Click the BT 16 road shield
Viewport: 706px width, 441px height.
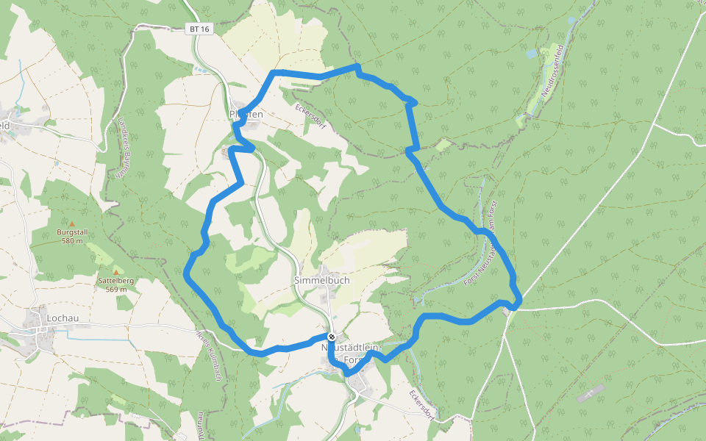click(x=199, y=29)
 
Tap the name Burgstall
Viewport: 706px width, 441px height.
click(x=72, y=232)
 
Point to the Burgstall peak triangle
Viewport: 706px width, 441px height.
click(x=72, y=223)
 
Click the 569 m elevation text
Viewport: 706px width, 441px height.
click(x=116, y=289)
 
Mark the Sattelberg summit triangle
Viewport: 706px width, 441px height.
click(x=115, y=272)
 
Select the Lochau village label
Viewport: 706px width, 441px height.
click(x=61, y=318)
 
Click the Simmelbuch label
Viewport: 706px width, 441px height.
click(x=321, y=280)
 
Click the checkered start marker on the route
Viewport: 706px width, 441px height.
click(x=332, y=337)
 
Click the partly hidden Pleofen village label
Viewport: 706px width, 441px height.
click(x=246, y=115)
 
